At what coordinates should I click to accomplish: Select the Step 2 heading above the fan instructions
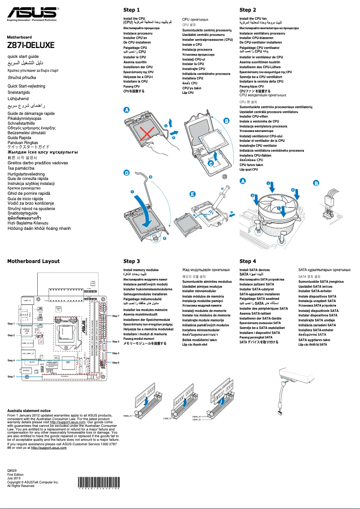coord(248,10)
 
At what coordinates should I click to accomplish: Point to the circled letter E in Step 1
coord(193,194)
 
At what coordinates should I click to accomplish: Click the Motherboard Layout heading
coord(33,261)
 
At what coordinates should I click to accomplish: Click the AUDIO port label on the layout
coord(26,371)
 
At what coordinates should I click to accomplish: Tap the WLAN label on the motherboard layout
coord(32,361)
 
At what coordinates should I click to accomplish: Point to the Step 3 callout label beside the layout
coord(116,342)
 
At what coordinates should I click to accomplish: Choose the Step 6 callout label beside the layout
coord(116,362)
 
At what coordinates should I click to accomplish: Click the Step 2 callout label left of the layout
coord(11,335)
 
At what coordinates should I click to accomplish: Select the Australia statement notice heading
coord(29,411)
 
